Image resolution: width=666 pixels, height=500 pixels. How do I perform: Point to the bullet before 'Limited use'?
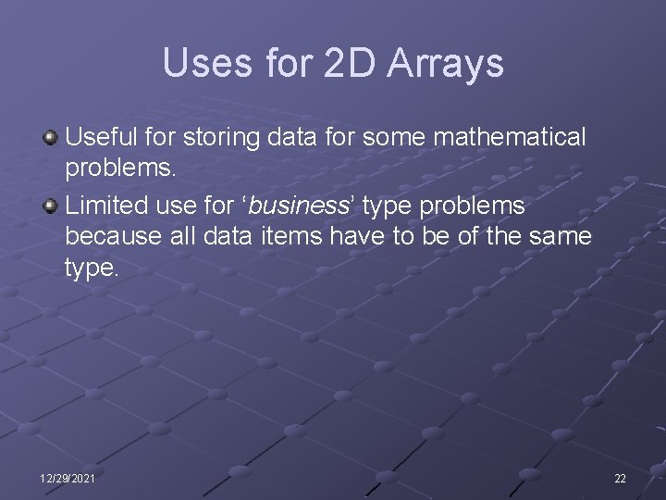(51, 204)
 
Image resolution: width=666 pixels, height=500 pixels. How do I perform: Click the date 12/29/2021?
(67, 478)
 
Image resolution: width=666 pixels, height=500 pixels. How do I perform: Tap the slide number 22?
(620, 478)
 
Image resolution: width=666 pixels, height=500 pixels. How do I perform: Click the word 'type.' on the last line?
(92, 269)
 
